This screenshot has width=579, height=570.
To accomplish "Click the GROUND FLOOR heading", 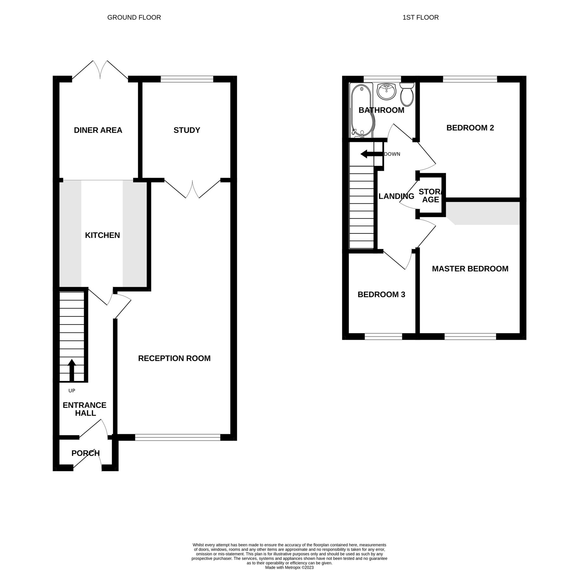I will pyautogui.click(x=134, y=17).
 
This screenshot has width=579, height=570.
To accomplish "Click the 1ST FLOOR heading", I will pyautogui.click(x=420, y=17).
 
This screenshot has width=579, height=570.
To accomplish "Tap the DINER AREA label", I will pyautogui.click(x=98, y=130).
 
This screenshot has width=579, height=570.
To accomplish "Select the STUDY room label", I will pyautogui.click(x=187, y=130).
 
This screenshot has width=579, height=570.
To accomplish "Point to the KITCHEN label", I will pyautogui.click(x=102, y=235).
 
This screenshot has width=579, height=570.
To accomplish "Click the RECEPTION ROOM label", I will pyautogui.click(x=174, y=358).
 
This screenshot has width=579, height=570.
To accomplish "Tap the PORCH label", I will pyautogui.click(x=86, y=453).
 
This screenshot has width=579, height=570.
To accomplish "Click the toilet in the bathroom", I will pyautogui.click(x=407, y=94).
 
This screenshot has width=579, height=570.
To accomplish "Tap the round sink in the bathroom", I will pyautogui.click(x=386, y=91).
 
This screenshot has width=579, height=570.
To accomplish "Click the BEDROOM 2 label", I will pyautogui.click(x=470, y=128).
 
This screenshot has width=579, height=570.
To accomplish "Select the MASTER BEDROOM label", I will pyautogui.click(x=470, y=269).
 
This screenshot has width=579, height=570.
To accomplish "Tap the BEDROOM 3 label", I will pyautogui.click(x=381, y=294).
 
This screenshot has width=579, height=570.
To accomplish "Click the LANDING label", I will pyautogui.click(x=396, y=196).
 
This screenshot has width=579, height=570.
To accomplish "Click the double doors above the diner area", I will pyautogui.click(x=100, y=70).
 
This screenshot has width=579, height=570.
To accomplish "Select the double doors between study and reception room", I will pyautogui.click(x=192, y=189).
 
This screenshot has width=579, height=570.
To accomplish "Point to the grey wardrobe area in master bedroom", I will pyautogui.click(x=485, y=213).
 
